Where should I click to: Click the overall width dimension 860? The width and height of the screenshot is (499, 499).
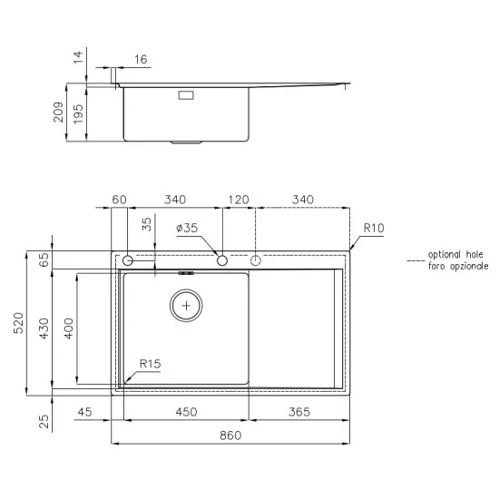click(230, 435)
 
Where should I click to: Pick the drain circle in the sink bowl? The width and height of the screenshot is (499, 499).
click(187, 306)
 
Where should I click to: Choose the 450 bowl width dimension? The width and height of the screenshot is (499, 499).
click(186, 413)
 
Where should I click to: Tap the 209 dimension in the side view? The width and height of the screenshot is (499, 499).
click(58, 112)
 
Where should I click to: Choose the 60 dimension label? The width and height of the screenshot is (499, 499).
click(118, 200)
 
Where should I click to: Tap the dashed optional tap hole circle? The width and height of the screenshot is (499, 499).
click(256, 261)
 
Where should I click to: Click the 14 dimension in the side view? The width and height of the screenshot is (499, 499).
click(78, 58)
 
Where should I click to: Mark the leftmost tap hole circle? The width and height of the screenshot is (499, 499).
click(128, 261)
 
